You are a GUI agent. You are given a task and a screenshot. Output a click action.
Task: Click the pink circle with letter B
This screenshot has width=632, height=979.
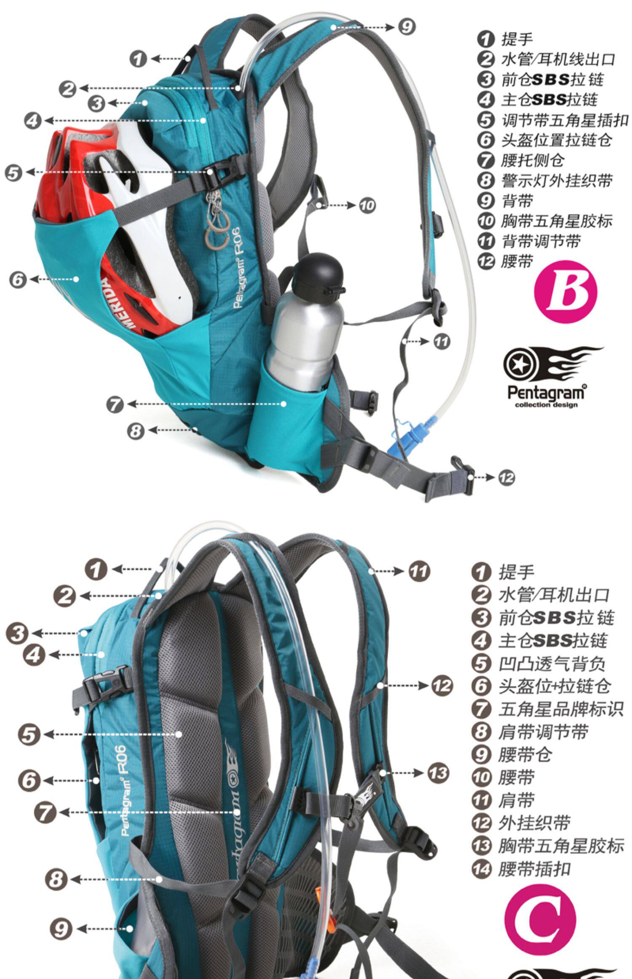(x=565, y=291)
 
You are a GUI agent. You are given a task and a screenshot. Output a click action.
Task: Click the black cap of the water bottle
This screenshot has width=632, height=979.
(x=318, y=273)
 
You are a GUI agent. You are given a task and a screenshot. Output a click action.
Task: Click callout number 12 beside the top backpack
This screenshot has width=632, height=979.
(x=506, y=478)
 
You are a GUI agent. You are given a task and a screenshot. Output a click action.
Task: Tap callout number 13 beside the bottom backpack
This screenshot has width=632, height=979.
(x=439, y=773)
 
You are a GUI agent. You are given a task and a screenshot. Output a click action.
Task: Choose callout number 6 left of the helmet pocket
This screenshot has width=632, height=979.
(x=18, y=279)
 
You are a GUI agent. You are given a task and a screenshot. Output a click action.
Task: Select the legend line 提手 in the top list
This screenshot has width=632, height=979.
(x=517, y=39)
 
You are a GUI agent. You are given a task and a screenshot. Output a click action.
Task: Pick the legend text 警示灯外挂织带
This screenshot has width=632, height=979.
(x=556, y=180)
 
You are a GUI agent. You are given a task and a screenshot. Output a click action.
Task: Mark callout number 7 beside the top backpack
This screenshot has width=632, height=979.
(x=115, y=404)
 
